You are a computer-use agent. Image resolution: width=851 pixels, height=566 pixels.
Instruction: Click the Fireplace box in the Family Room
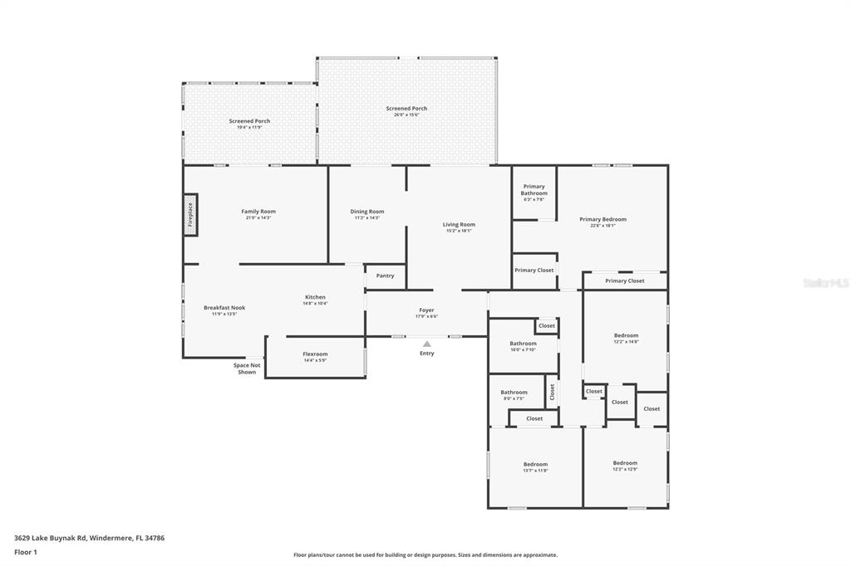coord(190,215)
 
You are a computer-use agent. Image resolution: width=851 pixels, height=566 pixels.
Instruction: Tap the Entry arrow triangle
coord(426,343)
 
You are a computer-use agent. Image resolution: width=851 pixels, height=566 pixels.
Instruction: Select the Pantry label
coord(385,276)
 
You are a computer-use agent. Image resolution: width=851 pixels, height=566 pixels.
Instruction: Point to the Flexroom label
coord(315,354)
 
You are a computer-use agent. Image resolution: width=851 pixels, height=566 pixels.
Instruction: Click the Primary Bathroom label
coord(534,190)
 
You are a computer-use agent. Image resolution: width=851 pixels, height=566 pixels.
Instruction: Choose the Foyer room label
coord(426,310)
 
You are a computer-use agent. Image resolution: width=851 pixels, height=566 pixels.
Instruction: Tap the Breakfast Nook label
coord(224,308)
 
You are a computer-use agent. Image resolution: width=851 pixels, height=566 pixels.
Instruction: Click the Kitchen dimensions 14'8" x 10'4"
coord(315,304)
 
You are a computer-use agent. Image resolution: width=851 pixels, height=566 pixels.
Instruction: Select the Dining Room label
coord(366,212)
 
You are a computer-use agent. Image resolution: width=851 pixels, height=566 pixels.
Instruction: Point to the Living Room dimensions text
coord(459,231)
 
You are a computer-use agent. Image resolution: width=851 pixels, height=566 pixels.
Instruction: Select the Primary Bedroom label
coord(603,219)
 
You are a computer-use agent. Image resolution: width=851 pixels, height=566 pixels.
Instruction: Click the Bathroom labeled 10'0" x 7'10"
coord(523,344)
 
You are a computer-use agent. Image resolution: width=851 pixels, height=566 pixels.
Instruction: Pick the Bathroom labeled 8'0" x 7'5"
coord(514,393)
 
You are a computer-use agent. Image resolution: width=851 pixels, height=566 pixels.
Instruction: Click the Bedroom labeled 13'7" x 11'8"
coord(535,465)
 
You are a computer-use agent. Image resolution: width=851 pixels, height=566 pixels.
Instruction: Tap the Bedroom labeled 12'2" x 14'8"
coord(626,335)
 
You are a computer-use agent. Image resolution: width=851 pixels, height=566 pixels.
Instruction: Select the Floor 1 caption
coord(26,552)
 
